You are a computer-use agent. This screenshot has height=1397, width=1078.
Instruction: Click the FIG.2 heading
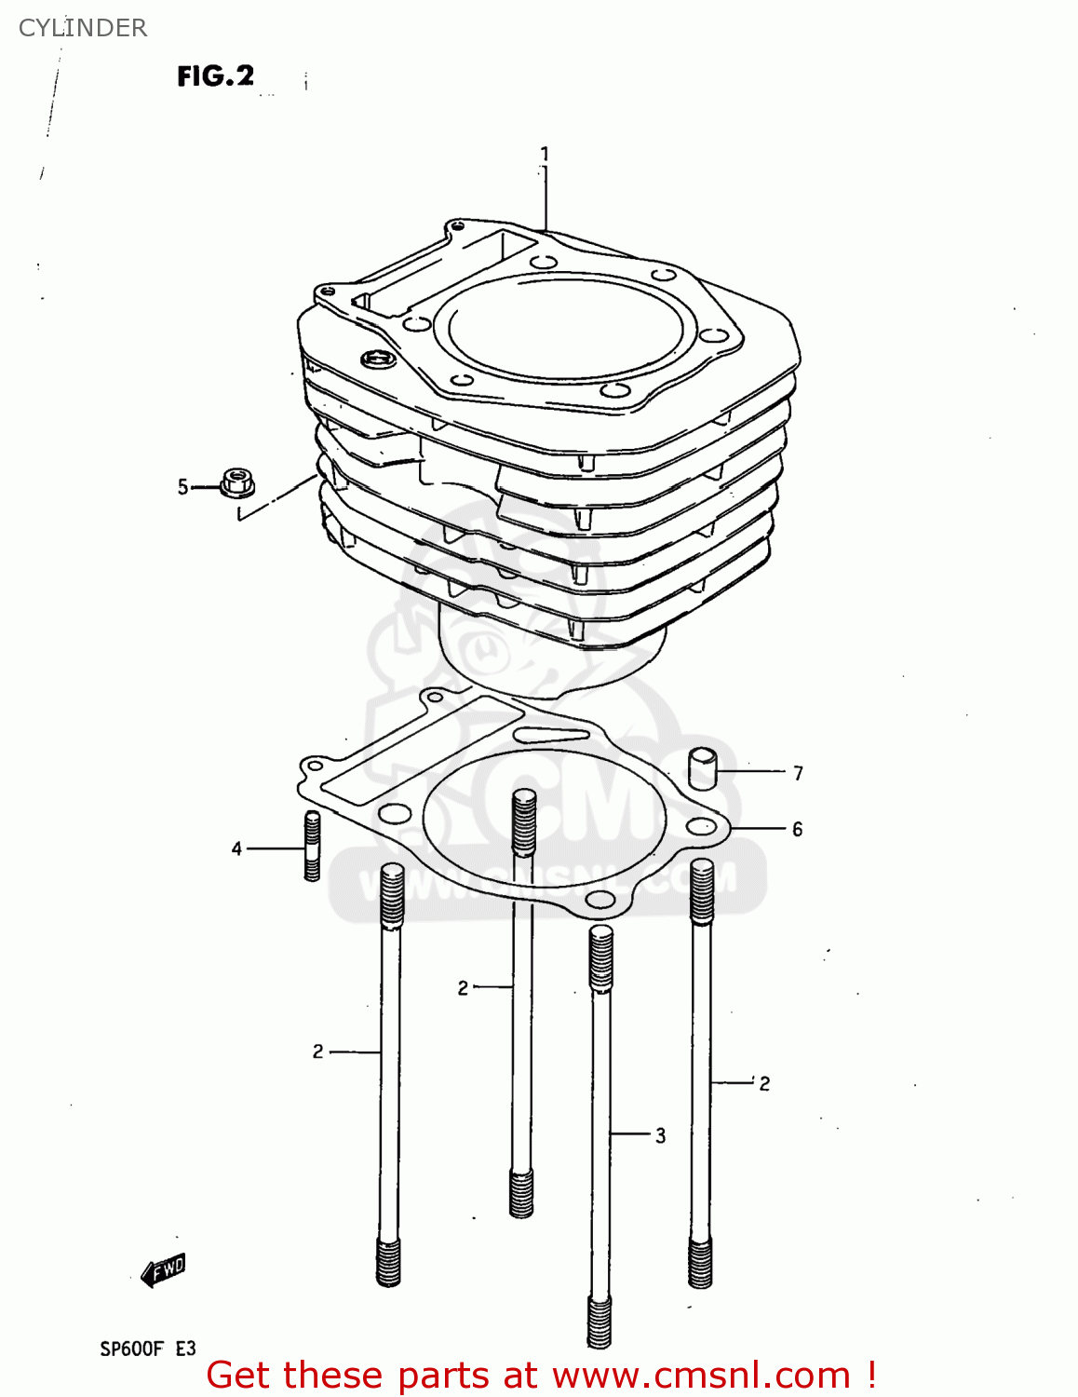point(215,75)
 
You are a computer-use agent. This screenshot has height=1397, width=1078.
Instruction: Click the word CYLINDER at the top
point(83,28)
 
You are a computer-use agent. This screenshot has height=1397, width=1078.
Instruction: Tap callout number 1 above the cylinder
point(545,154)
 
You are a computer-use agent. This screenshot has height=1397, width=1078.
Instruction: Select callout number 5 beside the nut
point(182,487)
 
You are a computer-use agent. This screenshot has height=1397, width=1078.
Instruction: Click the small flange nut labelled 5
point(237,483)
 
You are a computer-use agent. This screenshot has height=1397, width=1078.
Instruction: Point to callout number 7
point(798,773)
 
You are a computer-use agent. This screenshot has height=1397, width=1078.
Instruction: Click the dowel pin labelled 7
point(703,768)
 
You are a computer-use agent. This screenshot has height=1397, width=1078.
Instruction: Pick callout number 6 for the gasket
point(797,829)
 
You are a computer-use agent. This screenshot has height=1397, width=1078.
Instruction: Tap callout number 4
point(236,848)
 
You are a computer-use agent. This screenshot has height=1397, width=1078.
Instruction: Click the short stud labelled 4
point(312,846)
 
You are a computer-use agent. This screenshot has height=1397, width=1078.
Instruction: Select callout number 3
point(660,1135)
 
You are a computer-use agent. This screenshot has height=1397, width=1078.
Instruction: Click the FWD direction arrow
point(164,1269)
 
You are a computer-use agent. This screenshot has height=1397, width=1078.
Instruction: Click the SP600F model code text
point(131,1349)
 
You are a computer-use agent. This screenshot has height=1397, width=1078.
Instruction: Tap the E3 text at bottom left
point(185,1349)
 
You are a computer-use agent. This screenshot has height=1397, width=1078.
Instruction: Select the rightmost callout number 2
point(764,1083)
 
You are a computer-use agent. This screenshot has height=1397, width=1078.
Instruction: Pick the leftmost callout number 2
point(317,1051)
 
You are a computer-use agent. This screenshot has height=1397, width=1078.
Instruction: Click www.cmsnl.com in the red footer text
point(701,1376)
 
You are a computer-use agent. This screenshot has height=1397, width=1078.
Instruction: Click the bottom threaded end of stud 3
point(600,1322)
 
